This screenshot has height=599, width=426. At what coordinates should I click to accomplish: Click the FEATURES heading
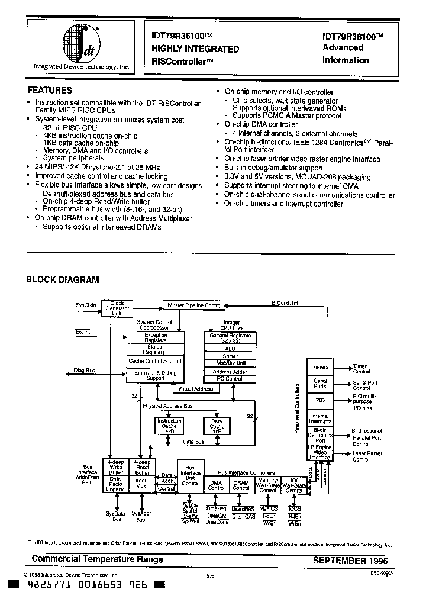50,91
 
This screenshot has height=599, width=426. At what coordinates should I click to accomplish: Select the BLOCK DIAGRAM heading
62,279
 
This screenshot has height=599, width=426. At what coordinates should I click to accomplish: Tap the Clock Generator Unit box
117,308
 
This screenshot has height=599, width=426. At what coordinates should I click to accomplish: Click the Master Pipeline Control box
194,305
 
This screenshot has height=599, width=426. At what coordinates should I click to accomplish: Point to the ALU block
230,349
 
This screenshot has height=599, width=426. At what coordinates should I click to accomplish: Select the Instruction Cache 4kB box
170,426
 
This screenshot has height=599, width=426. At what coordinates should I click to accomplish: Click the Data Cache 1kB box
217,426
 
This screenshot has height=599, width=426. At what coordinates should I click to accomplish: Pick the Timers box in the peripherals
320,367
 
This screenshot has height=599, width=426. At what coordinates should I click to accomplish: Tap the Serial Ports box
320,384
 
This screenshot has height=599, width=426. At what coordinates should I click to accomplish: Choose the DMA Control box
217,485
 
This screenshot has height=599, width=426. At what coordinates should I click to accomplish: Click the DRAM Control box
241,485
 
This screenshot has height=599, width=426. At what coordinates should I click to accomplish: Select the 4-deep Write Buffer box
117,467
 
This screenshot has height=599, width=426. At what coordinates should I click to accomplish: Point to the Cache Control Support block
156,361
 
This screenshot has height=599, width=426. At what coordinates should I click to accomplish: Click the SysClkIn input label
86,305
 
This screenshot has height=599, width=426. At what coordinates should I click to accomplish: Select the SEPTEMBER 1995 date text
353,559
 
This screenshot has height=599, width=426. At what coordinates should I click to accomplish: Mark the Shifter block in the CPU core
230,356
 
